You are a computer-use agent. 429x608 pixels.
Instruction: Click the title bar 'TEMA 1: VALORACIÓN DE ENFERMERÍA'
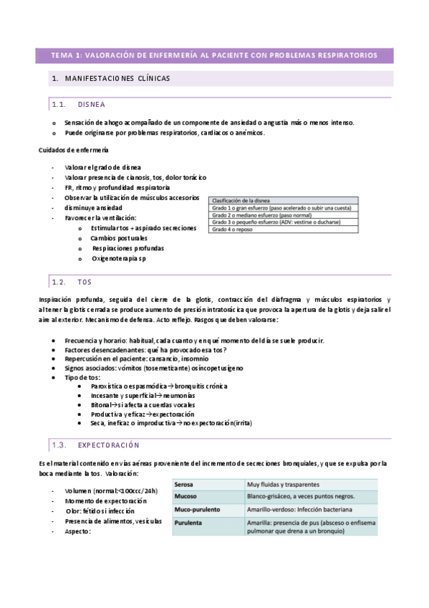tap(214, 55)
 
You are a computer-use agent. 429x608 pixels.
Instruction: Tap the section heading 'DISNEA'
tap(92, 104)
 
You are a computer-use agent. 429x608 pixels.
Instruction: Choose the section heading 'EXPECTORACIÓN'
tap(109, 445)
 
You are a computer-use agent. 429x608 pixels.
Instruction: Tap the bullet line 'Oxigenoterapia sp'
tap(118, 258)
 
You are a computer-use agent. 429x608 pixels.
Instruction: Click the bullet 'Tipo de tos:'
tap(82, 377)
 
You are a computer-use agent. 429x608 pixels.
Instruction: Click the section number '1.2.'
tap(59, 282)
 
